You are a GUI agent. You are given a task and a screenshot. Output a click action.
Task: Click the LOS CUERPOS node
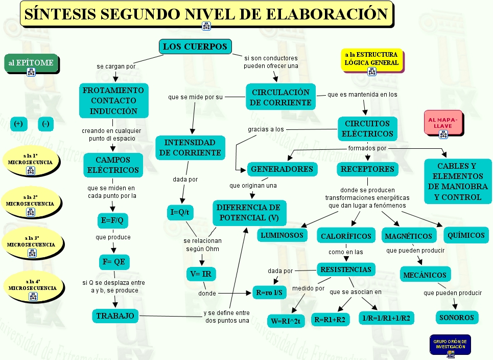tap(195, 47)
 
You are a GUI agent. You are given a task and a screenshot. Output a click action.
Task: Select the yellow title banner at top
tap(206, 14)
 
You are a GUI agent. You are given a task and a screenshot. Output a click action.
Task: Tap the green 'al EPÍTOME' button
tap(31, 63)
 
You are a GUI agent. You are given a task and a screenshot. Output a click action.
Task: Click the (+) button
tap(18, 124)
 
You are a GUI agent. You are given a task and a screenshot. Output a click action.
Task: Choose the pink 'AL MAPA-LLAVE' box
tap(443, 123)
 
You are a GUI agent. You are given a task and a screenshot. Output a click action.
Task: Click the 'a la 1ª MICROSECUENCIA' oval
tap(30, 159)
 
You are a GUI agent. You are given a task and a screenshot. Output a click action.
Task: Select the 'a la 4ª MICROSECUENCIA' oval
tap(32, 285)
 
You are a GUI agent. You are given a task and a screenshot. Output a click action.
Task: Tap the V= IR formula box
tap(200, 274)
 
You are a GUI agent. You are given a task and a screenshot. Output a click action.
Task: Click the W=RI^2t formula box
tap(286, 321)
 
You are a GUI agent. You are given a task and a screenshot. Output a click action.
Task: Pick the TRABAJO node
tap(115, 316)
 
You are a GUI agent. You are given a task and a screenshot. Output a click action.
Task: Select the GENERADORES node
tap(282, 169)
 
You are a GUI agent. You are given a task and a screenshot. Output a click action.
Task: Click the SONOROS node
tap(457, 318)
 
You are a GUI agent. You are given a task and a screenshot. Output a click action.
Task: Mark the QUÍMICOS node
tap(465, 235)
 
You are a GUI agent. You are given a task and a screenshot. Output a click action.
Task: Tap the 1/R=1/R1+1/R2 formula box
tap(387, 318)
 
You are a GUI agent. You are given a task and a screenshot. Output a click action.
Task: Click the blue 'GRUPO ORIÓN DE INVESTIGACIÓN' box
tap(450, 345)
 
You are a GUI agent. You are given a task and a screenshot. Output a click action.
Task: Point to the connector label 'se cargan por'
tap(116, 66)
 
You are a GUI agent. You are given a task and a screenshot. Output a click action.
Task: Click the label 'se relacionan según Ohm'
tap(203, 244)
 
